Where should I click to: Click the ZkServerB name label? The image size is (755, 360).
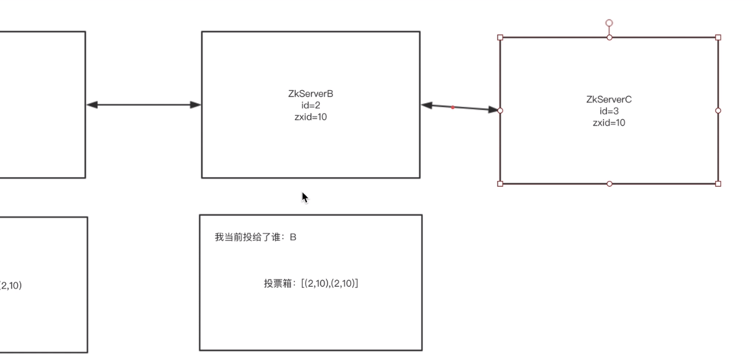(310, 94)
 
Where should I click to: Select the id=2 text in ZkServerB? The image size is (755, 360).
(310, 106)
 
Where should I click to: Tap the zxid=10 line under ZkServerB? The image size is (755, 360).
(310, 117)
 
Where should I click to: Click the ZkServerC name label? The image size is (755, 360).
(609, 99)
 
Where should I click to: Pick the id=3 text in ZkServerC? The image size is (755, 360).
(609, 111)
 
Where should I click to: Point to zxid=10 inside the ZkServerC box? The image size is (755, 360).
(609, 122)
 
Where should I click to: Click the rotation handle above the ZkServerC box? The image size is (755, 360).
(609, 23)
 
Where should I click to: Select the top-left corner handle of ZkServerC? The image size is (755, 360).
(501, 37)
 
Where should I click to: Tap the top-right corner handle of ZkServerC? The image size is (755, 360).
(718, 37)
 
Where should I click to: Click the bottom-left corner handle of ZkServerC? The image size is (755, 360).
(501, 184)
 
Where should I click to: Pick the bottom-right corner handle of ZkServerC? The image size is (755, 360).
(718, 184)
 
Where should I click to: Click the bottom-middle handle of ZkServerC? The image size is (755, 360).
(610, 184)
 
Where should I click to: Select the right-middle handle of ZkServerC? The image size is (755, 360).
(718, 111)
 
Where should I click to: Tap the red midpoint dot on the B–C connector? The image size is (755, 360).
(452, 108)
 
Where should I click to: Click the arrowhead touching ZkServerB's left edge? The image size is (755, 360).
(195, 104)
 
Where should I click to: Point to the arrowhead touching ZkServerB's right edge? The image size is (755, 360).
(427, 105)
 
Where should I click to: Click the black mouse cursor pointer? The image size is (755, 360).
(305, 197)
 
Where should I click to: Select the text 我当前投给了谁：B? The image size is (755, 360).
(256, 237)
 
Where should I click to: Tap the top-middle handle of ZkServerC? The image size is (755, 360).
(610, 37)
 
